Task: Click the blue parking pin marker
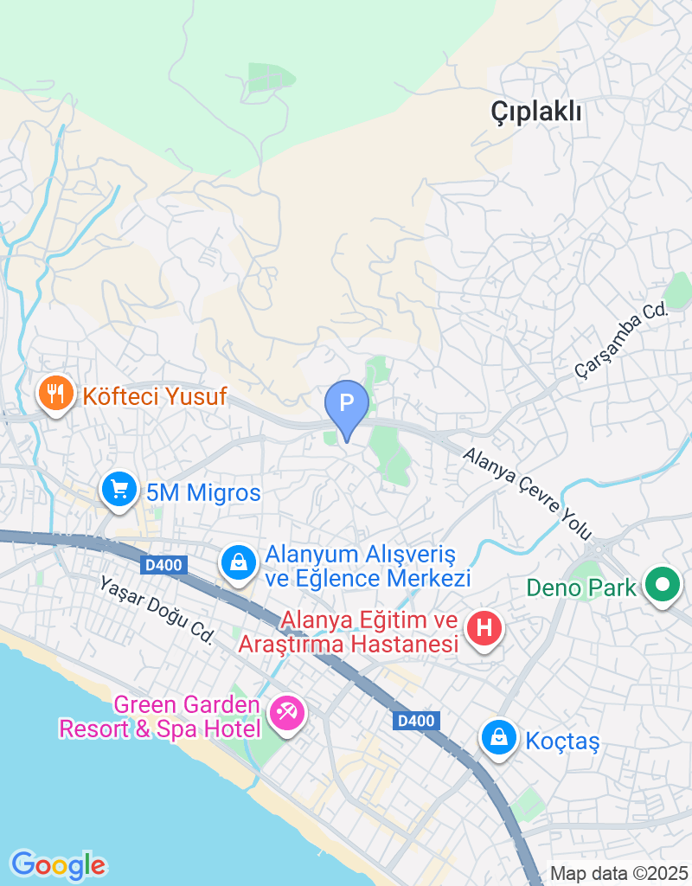[x=347, y=405]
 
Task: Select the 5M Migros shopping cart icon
[x=119, y=491]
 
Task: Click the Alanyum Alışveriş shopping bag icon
[x=238, y=562]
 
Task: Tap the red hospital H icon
[x=484, y=627]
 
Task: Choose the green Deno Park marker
[x=663, y=586]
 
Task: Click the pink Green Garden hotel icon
[x=286, y=714]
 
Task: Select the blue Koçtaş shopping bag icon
[x=499, y=738]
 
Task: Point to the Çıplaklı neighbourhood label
[x=536, y=112]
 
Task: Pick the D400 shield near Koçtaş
[x=420, y=720]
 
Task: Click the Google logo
[x=58, y=864]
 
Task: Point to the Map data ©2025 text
[x=619, y=873]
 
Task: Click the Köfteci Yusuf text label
[x=155, y=397]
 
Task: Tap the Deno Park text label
[x=581, y=589]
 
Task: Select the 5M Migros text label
[x=203, y=493]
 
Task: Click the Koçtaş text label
[x=562, y=741]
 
